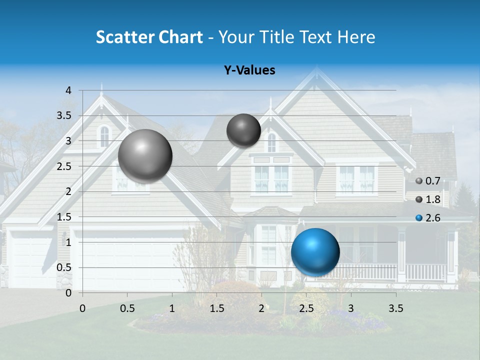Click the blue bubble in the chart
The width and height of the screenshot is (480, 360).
315,252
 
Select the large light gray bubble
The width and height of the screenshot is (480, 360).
145,155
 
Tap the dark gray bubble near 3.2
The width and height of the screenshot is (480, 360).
243,130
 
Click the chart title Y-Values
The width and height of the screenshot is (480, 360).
249,70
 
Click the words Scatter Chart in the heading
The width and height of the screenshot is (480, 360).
149,37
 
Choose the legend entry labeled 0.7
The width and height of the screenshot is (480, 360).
428,181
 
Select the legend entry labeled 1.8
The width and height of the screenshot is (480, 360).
428,199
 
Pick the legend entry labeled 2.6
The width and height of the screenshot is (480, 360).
428,218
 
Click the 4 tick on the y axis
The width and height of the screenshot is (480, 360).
68,90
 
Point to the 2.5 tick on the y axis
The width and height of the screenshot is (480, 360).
64,166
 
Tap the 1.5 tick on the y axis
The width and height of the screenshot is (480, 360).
64,217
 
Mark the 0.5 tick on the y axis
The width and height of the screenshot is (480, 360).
64,267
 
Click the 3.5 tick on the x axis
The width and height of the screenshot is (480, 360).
395,308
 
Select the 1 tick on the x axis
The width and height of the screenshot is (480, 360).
172,308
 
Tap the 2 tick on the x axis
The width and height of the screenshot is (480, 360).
261,308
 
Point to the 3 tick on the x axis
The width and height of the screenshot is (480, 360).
351,308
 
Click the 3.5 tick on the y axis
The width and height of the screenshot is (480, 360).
64,116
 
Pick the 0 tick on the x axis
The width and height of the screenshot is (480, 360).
82,308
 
